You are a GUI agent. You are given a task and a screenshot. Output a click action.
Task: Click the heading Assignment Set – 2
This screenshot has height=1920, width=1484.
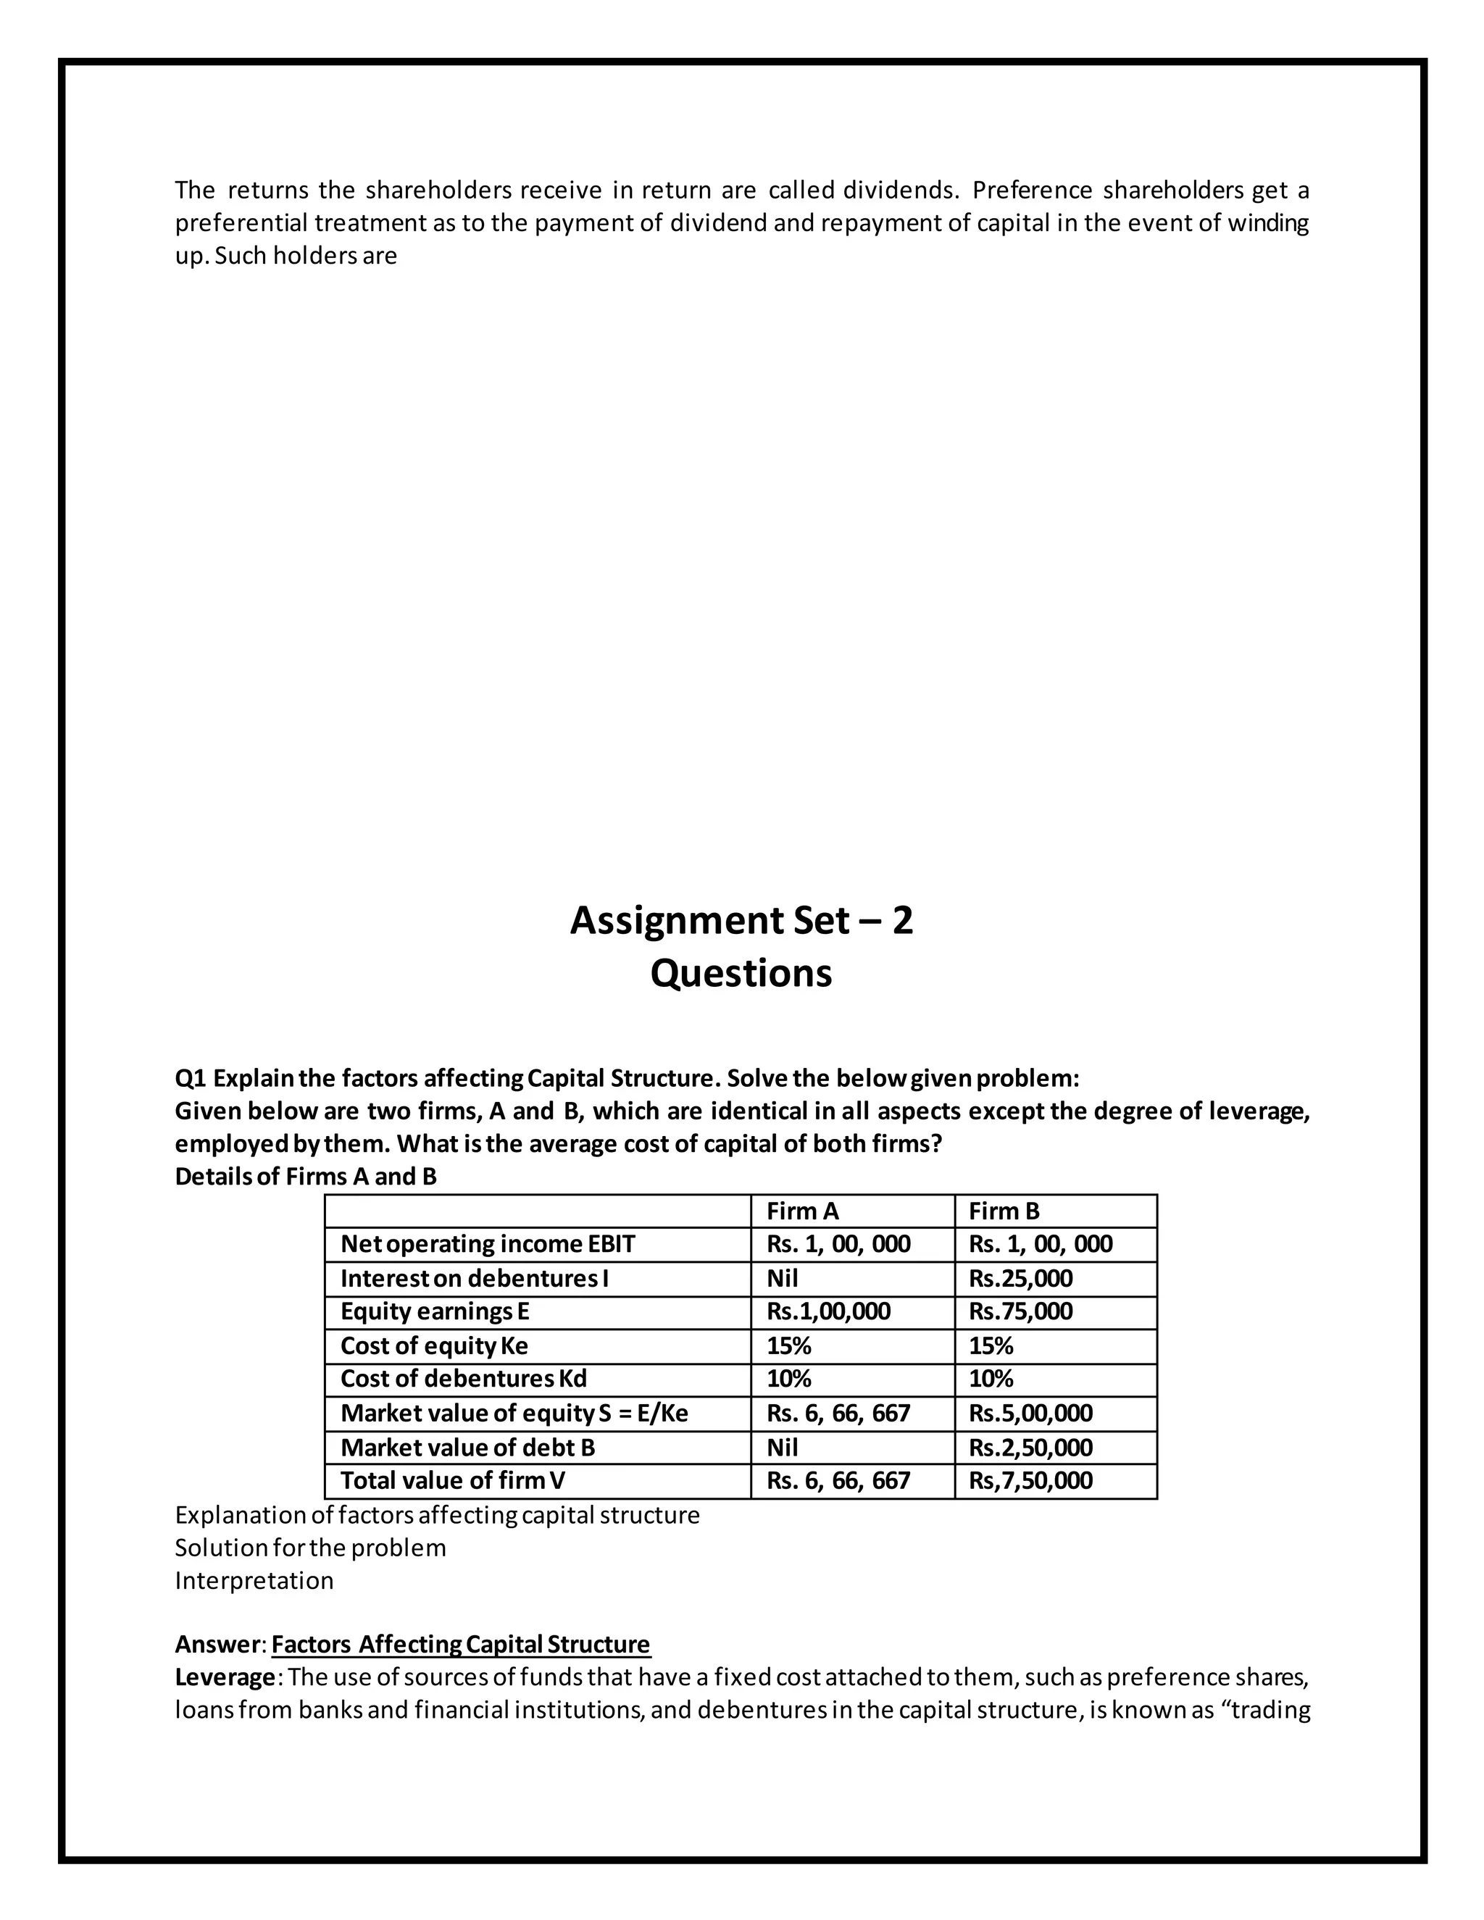tap(741, 920)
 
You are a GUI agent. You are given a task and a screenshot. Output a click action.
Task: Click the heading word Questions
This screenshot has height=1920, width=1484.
tap(741, 973)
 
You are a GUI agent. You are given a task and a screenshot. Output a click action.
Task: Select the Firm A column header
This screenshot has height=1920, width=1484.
tap(802, 1211)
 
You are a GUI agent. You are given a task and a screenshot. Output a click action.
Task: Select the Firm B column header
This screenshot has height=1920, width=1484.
tap(1004, 1211)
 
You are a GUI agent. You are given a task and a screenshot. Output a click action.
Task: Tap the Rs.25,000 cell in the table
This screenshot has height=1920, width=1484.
tap(1020, 1278)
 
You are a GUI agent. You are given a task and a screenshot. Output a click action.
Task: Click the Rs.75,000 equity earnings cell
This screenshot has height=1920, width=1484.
tap(1020, 1311)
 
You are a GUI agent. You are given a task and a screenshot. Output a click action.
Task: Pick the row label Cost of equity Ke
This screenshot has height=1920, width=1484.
tap(433, 1346)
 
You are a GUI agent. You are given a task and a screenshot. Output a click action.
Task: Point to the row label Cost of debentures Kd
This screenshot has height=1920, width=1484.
tap(462, 1379)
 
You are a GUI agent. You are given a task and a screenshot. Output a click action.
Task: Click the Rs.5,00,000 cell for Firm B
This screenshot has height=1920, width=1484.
tap(1030, 1413)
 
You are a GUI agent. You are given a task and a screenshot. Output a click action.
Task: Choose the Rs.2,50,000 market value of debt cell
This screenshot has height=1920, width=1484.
tap(1030, 1447)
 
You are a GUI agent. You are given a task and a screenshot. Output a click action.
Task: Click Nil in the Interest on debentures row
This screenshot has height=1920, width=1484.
tap(783, 1278)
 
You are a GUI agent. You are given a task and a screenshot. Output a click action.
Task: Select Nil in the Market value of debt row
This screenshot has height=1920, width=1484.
tap(783, 1447)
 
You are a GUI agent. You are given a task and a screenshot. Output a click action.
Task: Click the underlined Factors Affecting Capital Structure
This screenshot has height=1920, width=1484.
tap(461, 1644)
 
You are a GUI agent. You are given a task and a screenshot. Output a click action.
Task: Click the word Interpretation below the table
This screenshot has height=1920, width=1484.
tap(254, 1581)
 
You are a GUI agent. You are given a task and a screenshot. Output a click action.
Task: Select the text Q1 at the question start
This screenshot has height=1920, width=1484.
tap(190, 1078)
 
